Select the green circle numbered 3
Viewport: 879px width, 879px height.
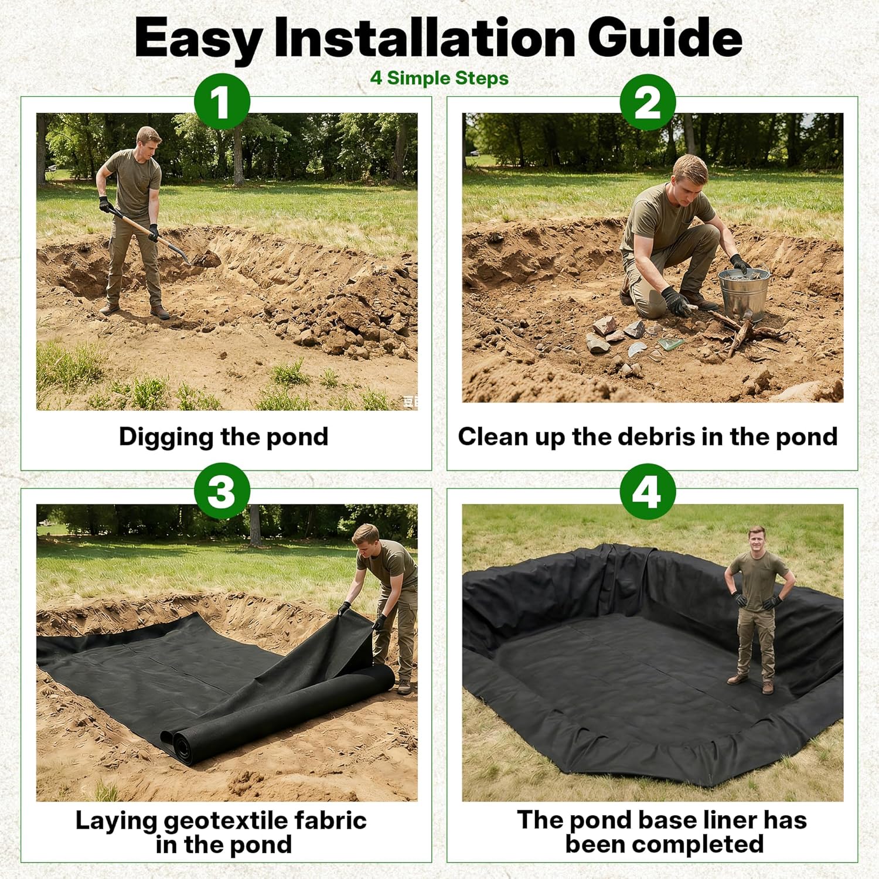222,491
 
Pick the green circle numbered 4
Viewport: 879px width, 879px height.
648,491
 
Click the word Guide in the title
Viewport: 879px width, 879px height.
665,38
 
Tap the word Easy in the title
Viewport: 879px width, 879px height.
198,39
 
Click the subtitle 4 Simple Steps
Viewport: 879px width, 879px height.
439,78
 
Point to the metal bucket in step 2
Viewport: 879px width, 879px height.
743,293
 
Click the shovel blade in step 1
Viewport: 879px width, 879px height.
202,258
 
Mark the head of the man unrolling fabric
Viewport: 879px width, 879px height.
366,539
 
